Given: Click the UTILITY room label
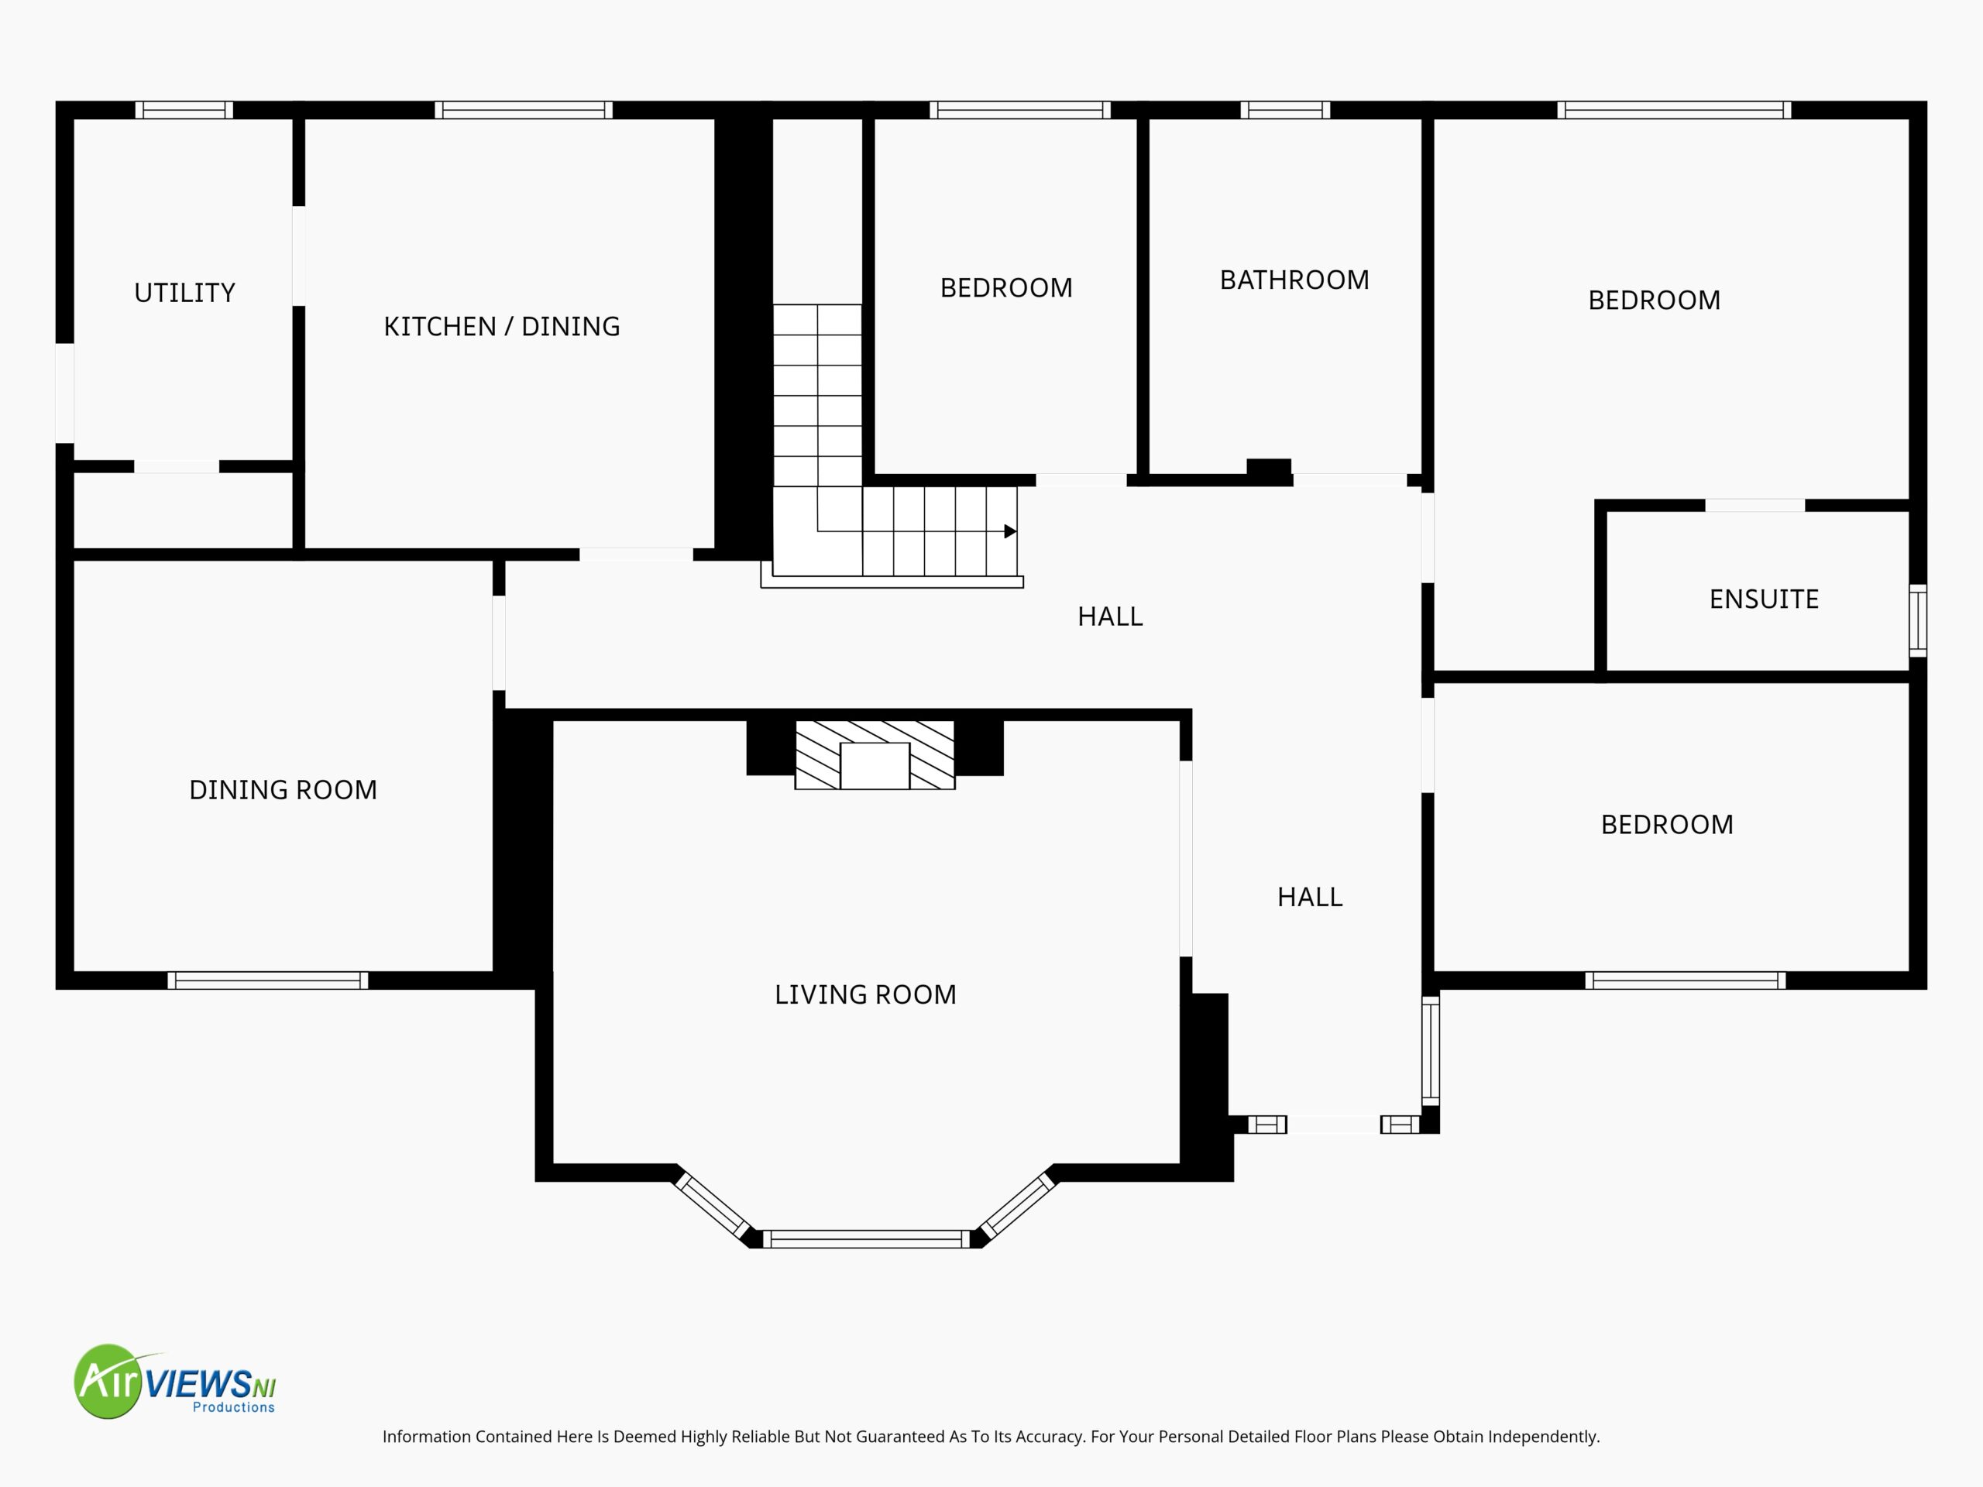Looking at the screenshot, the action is pyautogui.click(x=184, y=293).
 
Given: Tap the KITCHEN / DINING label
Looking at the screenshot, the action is pyautogui.click(x=502, y=326).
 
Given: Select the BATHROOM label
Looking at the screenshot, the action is pyautogui.click(x=1294, y=280).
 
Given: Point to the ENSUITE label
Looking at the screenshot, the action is pyautogui.click(x=1763, y=599).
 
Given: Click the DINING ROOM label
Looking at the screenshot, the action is pyautogui.click(x=284, y=790).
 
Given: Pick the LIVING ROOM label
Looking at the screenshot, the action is pyautogui.click(x=865, y=994).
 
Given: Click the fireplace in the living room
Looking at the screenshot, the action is pyautogui.click(x=875, y=754).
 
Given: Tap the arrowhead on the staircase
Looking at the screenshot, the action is pyautogui.click(x=1010, y=531).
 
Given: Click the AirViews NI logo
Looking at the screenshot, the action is pyautogui.click(x=175, y=1381).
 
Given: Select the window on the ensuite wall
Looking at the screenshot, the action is pyautogui.click(x=1918, y=620).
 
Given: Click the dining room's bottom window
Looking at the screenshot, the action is pyautogui.click(x=268, y=980).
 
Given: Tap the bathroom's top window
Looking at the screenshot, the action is pyautogui.click(x=1286, y=110).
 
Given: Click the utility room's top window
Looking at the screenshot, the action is pyautogui.click(x=184, y=110).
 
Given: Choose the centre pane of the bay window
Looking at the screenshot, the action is pyautogui.click(x=866, y=1240).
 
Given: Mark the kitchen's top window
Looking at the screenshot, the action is pyautogui.click(x=524, y=110).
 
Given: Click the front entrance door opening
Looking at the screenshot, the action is pyautogui.click(x=1334, y=1124).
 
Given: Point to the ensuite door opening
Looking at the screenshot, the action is pyautogui.click(x=1754, y=506).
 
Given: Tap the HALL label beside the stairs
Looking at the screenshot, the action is pyautogui.click(x=1110, y=616).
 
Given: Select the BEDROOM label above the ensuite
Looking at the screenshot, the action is pyautogui.click(x=1654, y=300).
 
